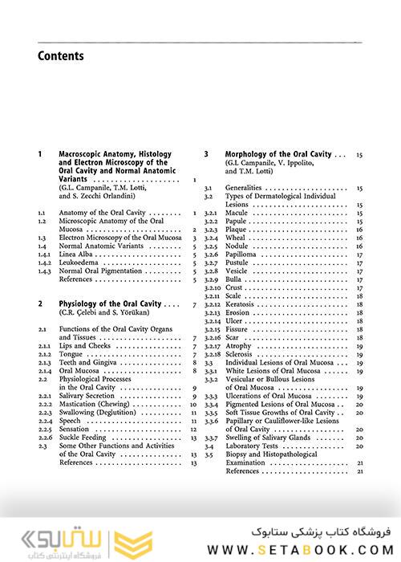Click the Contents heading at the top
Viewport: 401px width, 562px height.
click(x=61, y=56)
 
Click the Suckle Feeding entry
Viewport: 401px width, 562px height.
click(x=86, y=438)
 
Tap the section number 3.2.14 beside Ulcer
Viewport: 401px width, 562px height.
click(x=212, y=321)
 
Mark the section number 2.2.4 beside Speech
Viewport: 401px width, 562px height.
click(x=46, y=421)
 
